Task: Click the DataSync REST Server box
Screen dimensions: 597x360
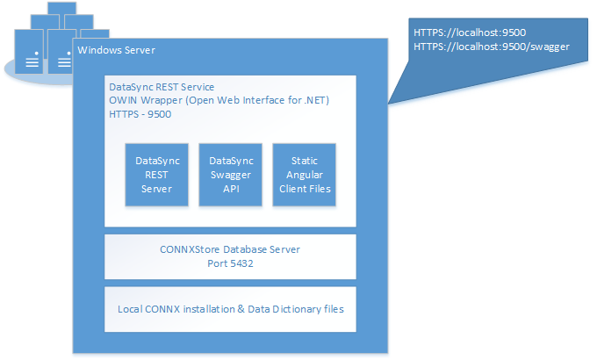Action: [156, 175]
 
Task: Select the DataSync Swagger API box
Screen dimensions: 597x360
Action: [230, 175]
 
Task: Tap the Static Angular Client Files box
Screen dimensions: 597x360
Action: [305, 175]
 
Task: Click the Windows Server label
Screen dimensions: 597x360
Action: [116, 50]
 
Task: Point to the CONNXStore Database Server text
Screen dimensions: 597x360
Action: [230, 249]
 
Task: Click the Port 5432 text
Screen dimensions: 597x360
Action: [230, 263]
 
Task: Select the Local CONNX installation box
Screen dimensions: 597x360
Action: [230, 309]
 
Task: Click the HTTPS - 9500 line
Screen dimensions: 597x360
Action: [140, 114]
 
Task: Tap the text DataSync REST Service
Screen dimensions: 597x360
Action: [162, 87]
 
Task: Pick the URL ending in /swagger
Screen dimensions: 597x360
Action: [492, 47]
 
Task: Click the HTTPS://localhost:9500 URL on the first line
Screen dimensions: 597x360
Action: [470, 32]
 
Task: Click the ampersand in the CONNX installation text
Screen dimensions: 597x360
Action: [241, 309]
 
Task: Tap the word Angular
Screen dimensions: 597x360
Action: [305, 175]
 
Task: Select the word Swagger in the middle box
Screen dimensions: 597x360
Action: [231, 175]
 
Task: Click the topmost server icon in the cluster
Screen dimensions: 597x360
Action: [62, 9]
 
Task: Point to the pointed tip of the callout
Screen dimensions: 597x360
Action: [388, 104]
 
